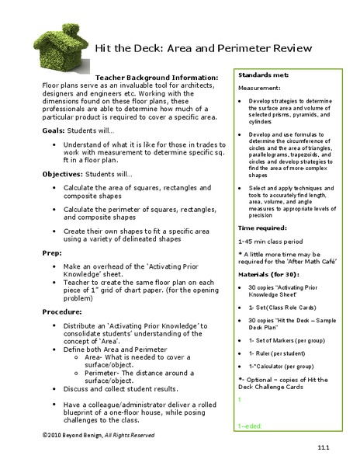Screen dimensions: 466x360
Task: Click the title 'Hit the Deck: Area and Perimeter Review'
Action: [203, 48]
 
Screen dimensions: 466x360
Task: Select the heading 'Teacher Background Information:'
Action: [156, 78]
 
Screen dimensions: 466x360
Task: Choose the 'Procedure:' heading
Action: [62, 311]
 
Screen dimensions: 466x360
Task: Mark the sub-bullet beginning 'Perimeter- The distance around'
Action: [144, 367]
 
